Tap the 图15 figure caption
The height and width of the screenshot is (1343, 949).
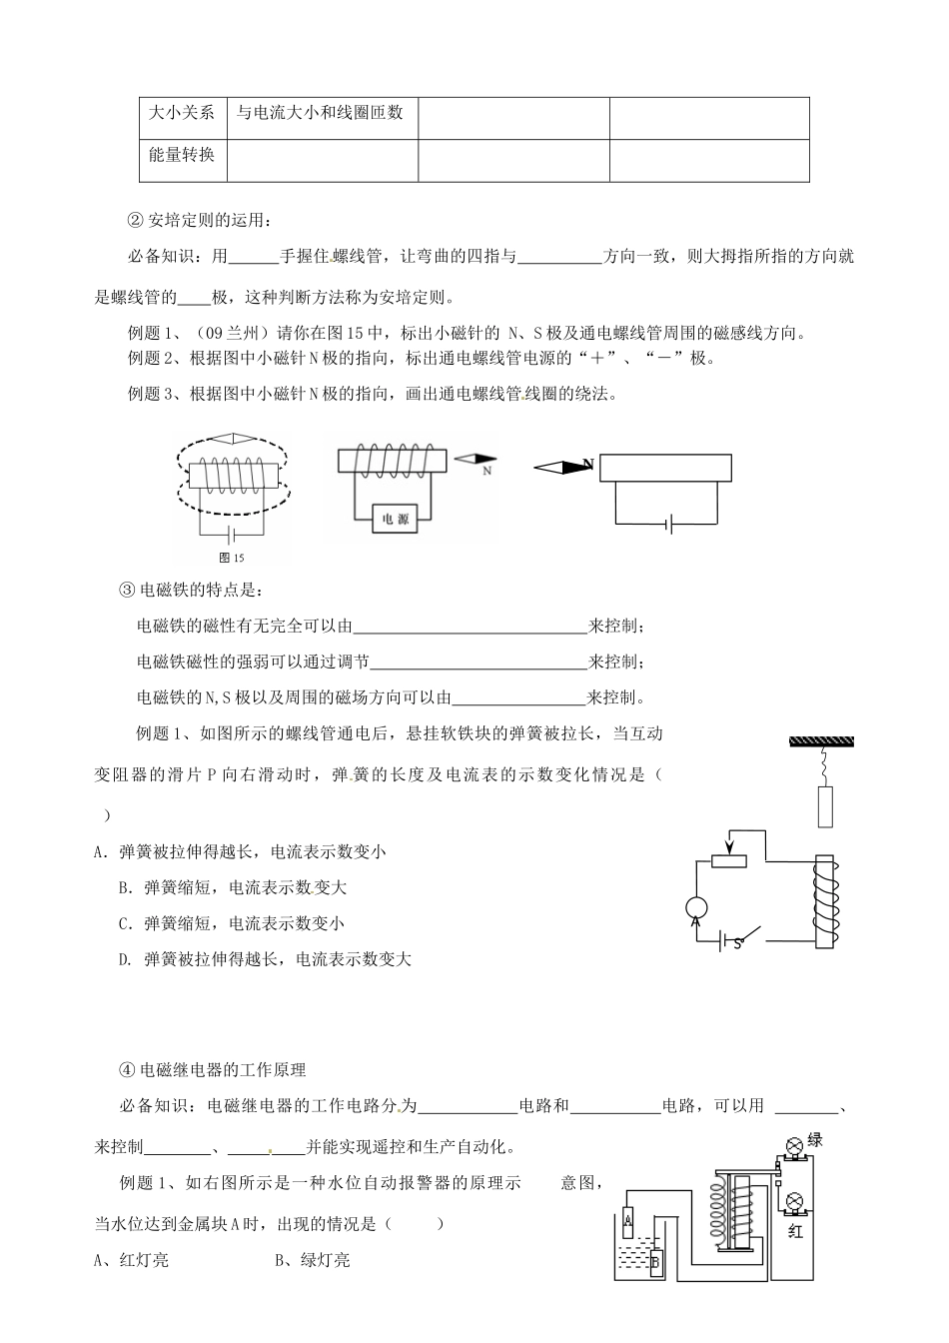[231, 558]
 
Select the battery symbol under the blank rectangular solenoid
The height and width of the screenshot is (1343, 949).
[668, 523]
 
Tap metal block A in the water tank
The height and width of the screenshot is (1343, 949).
[627, 1220]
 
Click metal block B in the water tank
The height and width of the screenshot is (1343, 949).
[655, 1262]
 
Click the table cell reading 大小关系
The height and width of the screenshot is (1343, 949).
[182, 112]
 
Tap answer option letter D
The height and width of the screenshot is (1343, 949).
[125, 959]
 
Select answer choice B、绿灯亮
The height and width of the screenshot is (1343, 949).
[312, 1260]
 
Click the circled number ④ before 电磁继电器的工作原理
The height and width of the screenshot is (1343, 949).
[127, 1070]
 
